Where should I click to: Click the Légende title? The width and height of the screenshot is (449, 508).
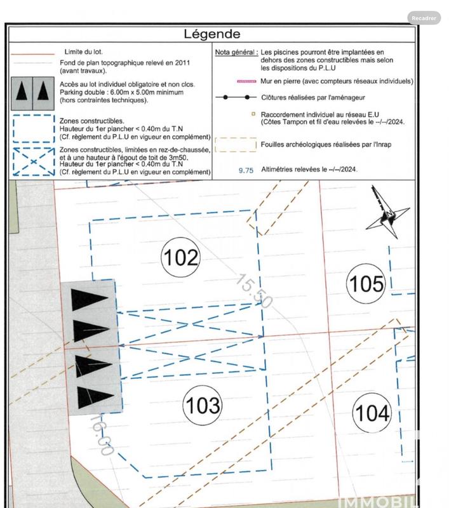[212, 34]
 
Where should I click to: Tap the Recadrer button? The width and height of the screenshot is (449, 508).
[424, 18]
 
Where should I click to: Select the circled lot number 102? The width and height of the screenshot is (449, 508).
[181, 258]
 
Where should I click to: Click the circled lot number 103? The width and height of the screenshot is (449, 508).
[202, 405]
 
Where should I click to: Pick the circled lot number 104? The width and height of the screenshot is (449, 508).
[372, 413]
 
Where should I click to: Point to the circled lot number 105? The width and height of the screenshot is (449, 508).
[366, 283]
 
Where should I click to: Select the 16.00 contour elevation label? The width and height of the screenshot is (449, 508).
[102, 434]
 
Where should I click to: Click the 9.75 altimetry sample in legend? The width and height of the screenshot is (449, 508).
[246, 170]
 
